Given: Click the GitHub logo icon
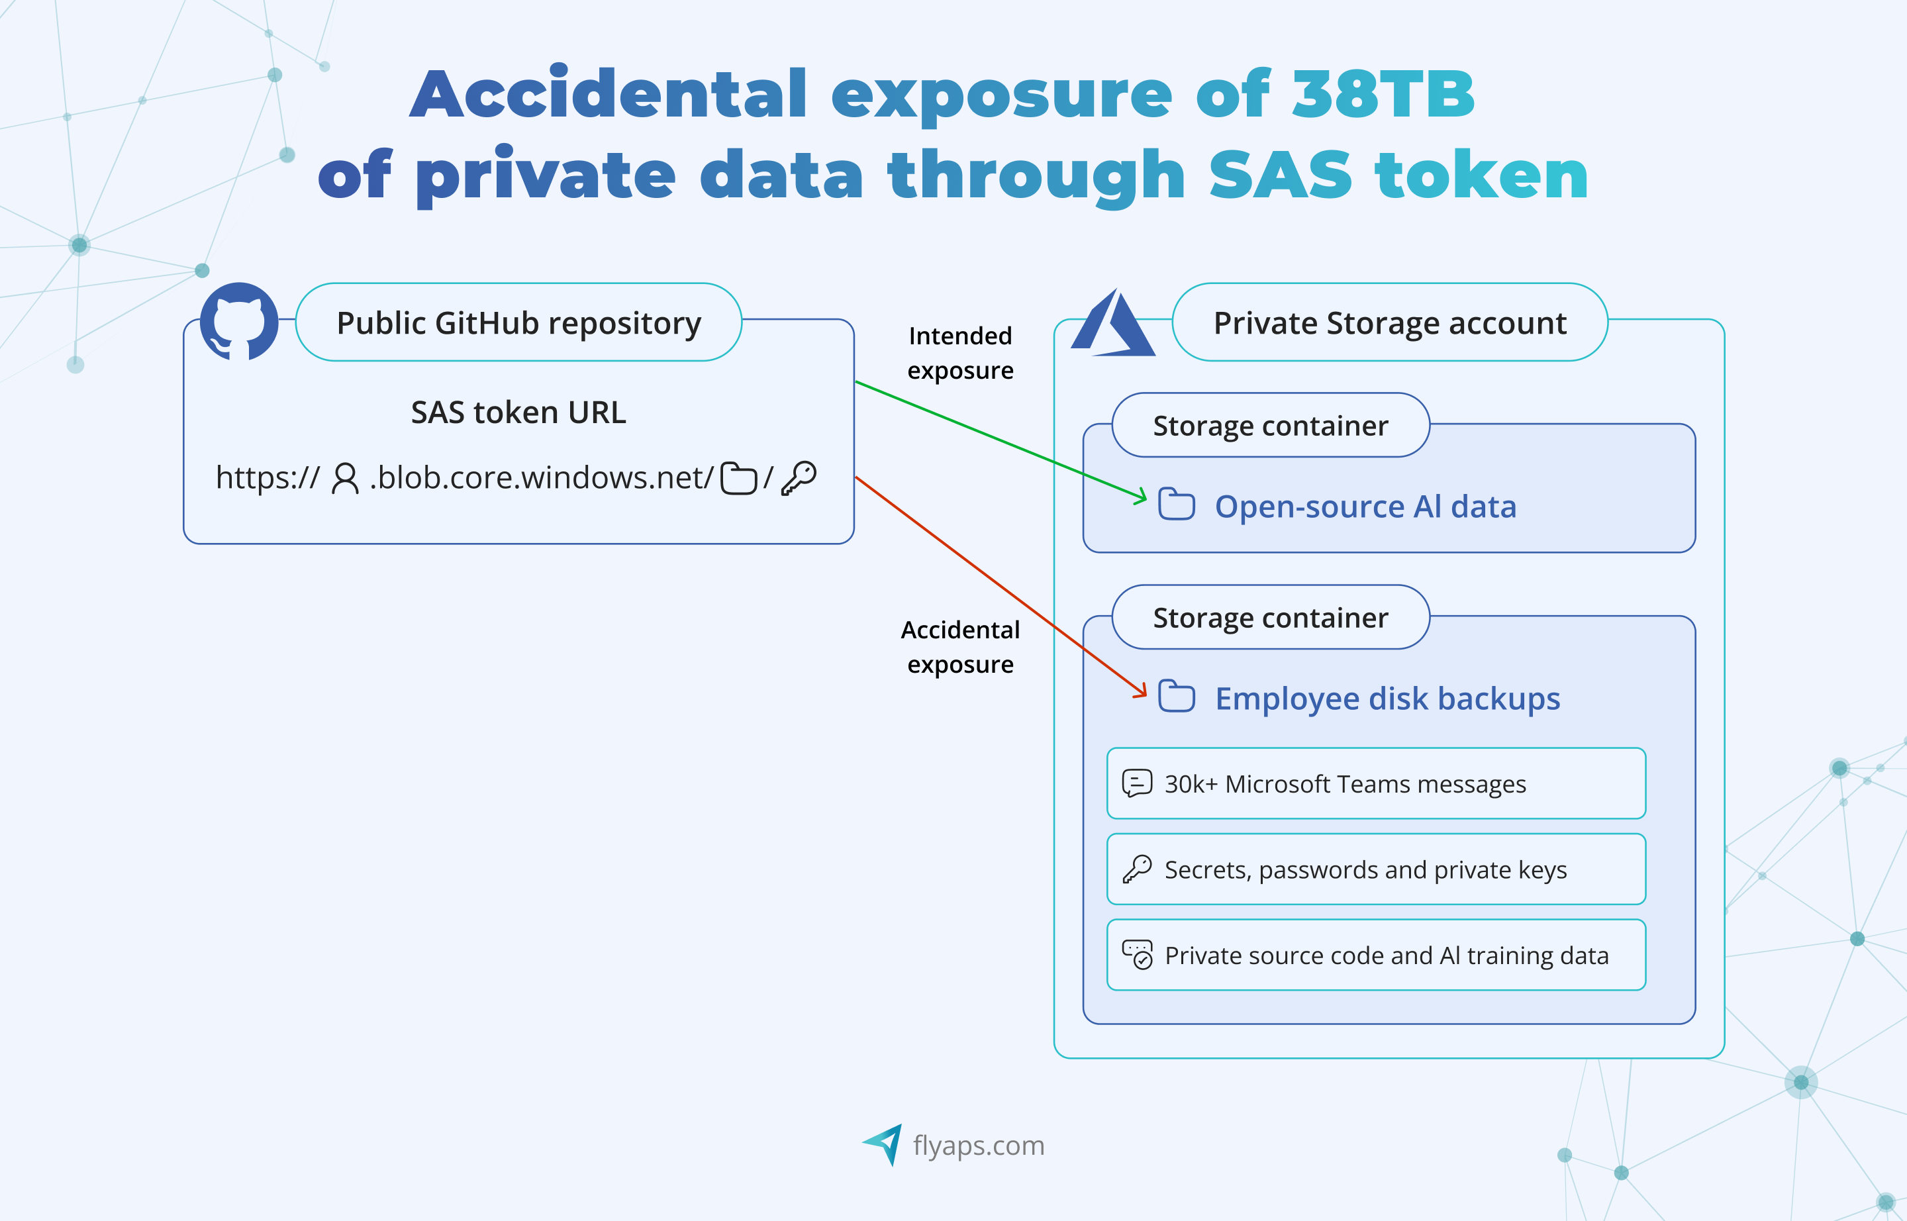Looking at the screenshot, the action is click(x=238, y=321).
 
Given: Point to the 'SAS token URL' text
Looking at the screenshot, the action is click(x=518, y=413).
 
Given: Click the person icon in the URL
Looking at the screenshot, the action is click(x=345, y=478).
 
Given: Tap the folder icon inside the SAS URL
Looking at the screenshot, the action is click(x=738, y=478).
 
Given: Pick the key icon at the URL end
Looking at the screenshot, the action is click(x=799, y=478).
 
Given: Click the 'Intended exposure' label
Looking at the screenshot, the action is click(x=960, y=353).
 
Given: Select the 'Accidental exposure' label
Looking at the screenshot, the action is click(x=960, y=647).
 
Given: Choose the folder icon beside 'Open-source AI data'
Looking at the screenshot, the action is click(x=1177, y=505).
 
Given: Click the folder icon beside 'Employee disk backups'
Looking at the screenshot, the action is click(x=1177, y=696).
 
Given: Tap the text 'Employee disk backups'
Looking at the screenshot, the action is click(x=1388, y=699).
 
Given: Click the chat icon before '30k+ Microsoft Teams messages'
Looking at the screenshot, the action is click(x=1137, y=783).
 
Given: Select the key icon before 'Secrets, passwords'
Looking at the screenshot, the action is click(x=1137, y=869).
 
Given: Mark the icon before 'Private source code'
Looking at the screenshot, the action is click(x=1137, y=955).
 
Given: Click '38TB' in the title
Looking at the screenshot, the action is click(x=1383, y=93).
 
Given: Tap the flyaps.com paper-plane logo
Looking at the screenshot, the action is click(x=883, y=1144).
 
